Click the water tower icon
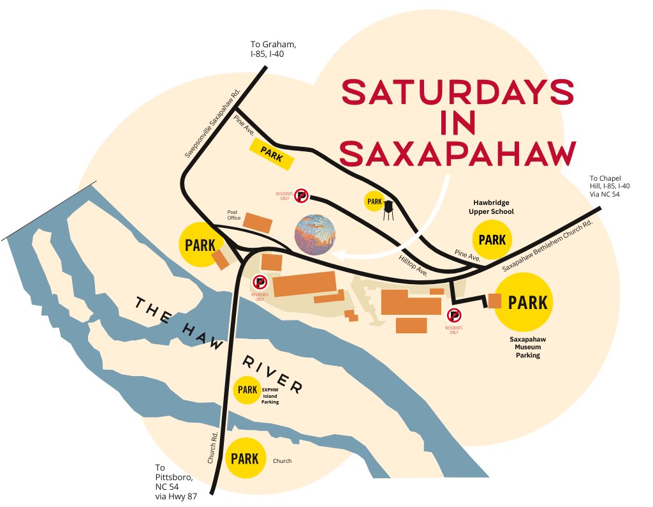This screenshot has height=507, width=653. [388, 209]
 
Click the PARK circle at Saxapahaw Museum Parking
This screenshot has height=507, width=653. [524, 301]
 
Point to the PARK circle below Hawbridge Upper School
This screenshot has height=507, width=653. [492, 240]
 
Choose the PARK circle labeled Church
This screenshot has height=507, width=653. [245, 458]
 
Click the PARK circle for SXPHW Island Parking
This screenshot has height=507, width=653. [246, 390]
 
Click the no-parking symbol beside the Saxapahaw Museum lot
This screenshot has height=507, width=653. [454, 315]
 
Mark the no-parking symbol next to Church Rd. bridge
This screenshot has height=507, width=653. [260, 282]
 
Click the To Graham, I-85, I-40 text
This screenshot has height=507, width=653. [272, 49]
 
